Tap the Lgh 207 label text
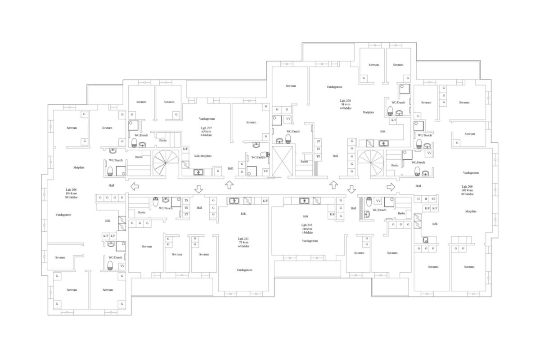tap(207, 128)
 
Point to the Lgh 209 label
tap(467, 186)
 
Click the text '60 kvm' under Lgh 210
tap(307, 229)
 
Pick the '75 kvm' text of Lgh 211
tap(243, 243)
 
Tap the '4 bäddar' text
tap(307, 233)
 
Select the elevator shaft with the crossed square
tap(283, 161)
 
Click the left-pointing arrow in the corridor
tap(134, 186)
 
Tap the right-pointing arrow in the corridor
tap(391, 186)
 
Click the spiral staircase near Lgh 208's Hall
tap(372, 163)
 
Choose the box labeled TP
tap(318, 156)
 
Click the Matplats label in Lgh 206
tap(79, 167)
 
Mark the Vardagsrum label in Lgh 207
tap(207, 119)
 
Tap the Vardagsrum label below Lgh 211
tap(244, 270)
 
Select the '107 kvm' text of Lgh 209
tap(467, 190)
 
